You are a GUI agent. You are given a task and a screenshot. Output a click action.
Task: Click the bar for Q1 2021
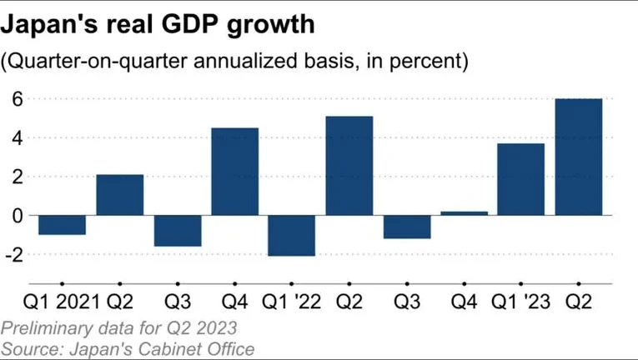click(x=62, y=224)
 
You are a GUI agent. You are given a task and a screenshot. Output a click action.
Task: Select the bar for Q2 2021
click(x=119, y=194)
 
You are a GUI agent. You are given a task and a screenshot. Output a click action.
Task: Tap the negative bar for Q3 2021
click(x=177, y=230)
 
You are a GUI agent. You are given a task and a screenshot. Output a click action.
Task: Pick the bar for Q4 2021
click(x=234, y=171)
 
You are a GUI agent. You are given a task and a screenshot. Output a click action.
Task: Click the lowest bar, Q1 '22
click(x=292, y=235)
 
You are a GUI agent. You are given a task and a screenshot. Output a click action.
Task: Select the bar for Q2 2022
click(x=349, y=165)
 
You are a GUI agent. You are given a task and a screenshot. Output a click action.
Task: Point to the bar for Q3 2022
click(x=406, y=227)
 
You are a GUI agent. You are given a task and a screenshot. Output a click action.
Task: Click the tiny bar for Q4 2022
click(x=464, y=213)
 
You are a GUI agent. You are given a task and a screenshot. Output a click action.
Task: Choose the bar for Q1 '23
click(x=521, y=179)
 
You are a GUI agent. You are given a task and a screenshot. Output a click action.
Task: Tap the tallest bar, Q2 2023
click(x=578, y=157)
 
